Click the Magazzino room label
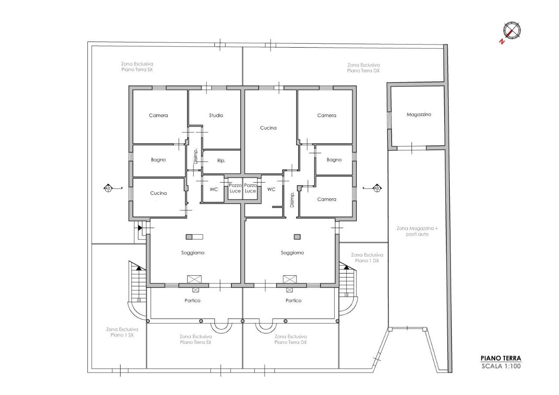coord(419,114)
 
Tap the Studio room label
coord(216,115)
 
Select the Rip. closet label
coord(221,161)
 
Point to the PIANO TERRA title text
coord(500,358)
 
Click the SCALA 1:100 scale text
coord(501,366)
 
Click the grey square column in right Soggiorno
coord(297,237)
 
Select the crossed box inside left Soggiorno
coord(194,279)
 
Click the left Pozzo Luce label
coord(235,188)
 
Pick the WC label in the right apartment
coord(271,189)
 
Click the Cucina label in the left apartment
coord(158,193)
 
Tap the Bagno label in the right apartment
coord(334,160)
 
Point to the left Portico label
coord(192,300)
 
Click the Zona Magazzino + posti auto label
coord(417,231)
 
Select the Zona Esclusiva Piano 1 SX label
coord(122,332)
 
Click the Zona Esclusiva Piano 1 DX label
coord(367,258)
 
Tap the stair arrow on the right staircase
coord(346,267)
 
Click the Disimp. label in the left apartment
coord(195,156)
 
